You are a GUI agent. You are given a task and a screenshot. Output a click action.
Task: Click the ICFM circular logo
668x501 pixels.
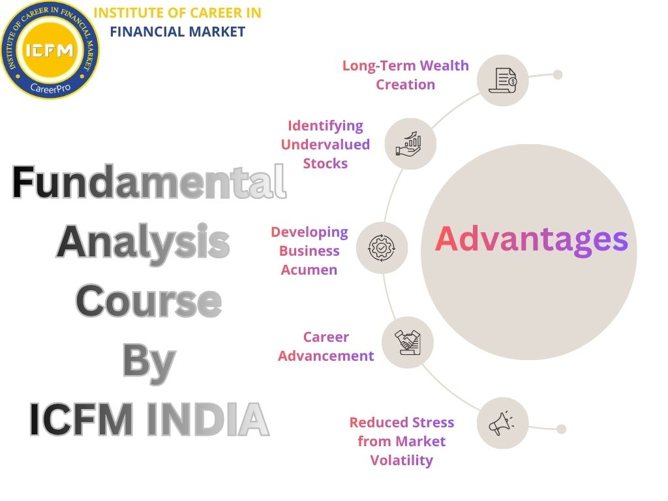click(x=50, y=50)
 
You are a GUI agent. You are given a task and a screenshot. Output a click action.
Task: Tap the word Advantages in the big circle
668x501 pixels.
click(x=531, y=239)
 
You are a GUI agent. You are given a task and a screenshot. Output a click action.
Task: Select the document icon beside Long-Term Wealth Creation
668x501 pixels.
click(x=503, y=80)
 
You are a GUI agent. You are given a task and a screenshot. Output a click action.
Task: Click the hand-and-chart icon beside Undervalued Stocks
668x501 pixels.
click(x=410, y=144)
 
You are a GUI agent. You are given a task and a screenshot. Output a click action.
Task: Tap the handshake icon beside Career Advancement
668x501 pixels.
click(x=408, y=342)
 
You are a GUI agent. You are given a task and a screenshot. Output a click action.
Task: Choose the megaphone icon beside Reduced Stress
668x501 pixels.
click(x=502, y=423)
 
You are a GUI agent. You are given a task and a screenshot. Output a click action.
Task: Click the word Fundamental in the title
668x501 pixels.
click(x=149, y=183)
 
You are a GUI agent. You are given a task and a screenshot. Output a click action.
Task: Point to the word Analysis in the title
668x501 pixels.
click(x=143, y=242)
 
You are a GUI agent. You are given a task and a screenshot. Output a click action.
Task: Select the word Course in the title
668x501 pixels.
click(x=149, y=301)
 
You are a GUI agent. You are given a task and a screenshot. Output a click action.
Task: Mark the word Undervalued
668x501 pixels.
click(x=326, y=144)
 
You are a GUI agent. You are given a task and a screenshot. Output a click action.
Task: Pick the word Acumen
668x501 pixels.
click(x=309, y=269)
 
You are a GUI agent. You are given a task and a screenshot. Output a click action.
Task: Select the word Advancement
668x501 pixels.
click(x=326, y=356)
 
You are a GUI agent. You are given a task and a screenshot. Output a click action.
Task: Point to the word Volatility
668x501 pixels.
click(x=402, y=460)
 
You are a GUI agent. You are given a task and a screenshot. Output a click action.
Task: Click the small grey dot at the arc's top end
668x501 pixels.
click(x=558, y=74)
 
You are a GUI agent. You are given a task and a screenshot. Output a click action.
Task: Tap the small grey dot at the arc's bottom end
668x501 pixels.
click(x=562, y=429)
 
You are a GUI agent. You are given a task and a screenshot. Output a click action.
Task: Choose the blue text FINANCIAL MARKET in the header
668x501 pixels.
click(x=177, y=31)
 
